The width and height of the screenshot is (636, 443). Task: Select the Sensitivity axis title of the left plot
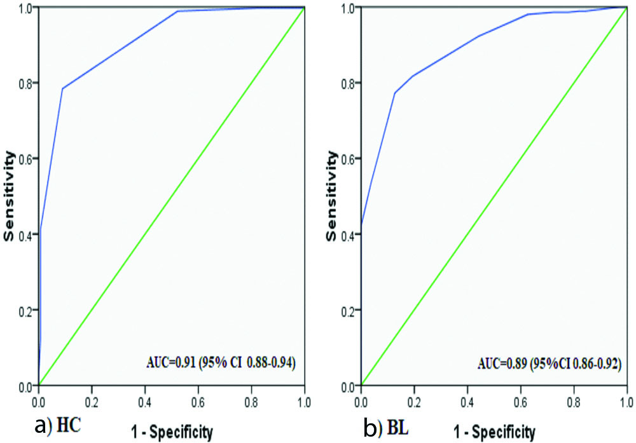(x=10, y=196)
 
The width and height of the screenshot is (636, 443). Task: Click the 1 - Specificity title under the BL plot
(x=494, y=432)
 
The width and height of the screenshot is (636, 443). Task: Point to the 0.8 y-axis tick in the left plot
(x=25, y=83)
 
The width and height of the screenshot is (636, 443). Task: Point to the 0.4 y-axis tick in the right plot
(x=349, y=234)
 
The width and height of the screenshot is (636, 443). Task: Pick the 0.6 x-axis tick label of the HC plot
(x=198, y=402)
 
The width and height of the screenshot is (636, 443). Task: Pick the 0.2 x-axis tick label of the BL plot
(x=414, y=402)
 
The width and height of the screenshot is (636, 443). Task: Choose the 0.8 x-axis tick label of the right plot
(x=574, y=402)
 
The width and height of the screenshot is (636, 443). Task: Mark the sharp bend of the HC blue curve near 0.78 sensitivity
(x=62, y=88)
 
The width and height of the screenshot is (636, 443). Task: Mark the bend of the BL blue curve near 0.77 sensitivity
(x=395, y=93)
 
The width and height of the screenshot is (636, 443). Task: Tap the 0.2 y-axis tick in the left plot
(x=25, y=310)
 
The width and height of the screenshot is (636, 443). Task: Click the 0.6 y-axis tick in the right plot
(x=349, y=158)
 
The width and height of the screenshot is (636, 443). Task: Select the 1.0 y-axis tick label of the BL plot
(x=349, y=7)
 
